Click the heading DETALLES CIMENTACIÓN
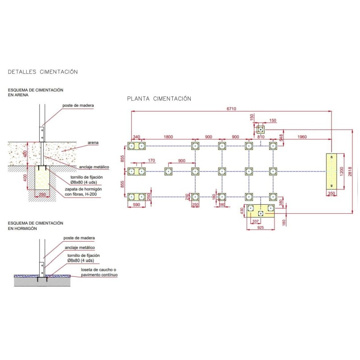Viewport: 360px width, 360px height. [43, 72]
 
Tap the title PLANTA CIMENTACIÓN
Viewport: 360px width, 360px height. [159, 99]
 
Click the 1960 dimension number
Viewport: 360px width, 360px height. [301, 136]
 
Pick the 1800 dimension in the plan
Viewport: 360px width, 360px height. [168, 136]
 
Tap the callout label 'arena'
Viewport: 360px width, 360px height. [93, 143]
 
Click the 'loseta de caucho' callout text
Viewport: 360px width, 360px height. [98, 270]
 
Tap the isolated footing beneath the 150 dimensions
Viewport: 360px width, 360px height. [260, 130]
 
